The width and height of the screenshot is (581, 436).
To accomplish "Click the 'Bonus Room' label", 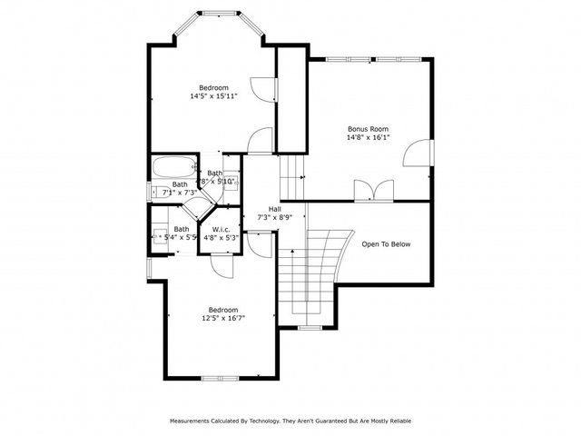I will tap(369, 128).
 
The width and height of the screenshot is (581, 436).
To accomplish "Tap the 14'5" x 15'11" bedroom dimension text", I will tap(214, 96).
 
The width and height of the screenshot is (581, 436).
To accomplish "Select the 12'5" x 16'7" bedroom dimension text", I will tap(223, 318).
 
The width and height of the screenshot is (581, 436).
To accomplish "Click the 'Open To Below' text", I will tap(386, 244).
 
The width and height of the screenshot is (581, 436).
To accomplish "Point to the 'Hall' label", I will tap(262, 208).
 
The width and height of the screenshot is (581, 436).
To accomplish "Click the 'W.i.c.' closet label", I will tap(221, 229).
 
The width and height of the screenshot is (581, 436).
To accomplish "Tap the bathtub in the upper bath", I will tap(172, 168).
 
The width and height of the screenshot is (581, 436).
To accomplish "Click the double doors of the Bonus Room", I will tap(373, 190).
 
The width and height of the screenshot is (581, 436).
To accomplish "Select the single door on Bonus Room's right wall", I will tap(419, 154).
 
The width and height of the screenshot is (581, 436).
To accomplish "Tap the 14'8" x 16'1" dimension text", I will tap(369, 138).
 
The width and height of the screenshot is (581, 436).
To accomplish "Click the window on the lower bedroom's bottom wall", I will tap(219, 378).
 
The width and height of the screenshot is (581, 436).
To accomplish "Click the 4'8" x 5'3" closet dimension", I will tap(221, 238).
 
